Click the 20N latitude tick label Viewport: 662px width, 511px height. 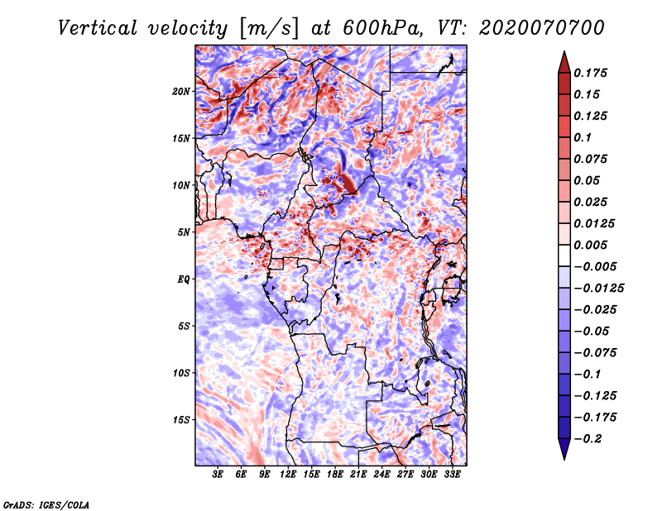pos(181,91)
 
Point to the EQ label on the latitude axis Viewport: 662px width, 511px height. pos(183,279)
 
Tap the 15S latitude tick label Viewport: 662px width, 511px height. pos(181,419)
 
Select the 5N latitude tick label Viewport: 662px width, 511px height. pos(184,232)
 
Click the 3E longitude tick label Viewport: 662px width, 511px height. pos(218,475)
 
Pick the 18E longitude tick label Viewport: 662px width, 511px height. pos(335,475)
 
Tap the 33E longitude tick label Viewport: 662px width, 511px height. pos(452,475)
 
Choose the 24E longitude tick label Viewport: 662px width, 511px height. pos(382,475)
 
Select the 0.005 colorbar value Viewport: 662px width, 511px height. pos(593,245)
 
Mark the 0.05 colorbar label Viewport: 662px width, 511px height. pos(589,180)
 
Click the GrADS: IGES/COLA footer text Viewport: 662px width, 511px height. pos(46,504)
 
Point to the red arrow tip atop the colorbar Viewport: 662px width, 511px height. pos(564,56)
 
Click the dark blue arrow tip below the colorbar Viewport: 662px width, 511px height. pos(564,454)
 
